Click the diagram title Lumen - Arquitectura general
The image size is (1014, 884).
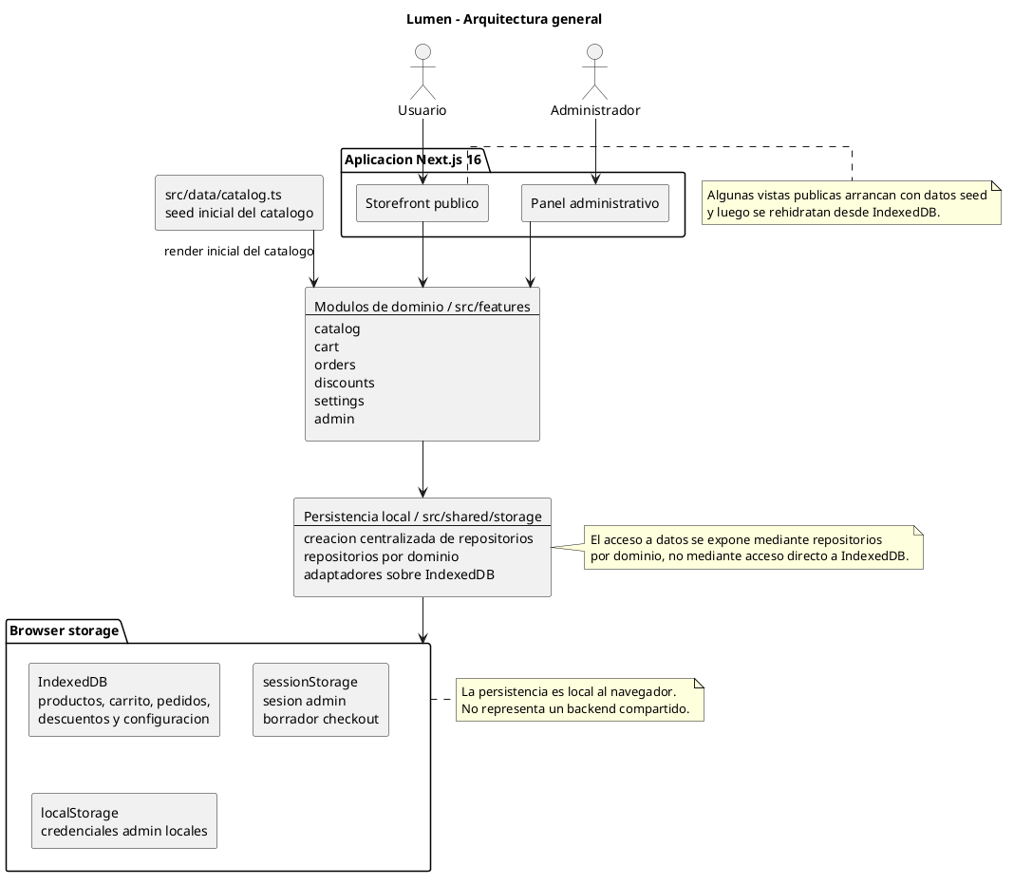pos(504,19)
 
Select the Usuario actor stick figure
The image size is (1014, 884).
pos(422,72)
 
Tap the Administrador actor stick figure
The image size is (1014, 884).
pos(595,72)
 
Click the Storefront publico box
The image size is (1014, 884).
pos(422,203)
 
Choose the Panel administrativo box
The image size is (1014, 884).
pos(595,203)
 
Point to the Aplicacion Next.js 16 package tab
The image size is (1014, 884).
pos(414,160)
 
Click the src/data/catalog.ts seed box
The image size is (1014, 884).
pos(239,202)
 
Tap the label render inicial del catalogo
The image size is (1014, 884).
pos(238,251)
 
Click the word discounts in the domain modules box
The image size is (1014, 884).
pos(344,383)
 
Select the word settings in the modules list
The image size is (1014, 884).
pos(339,401)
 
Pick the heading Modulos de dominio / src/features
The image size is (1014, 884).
pos(422,307)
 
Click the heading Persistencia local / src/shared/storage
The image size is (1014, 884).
pos(422,517)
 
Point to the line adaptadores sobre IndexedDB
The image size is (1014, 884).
pos(399,574)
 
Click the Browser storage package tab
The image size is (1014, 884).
pos(65,631)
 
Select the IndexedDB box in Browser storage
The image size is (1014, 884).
pos(124,700)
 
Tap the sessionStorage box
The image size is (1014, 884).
pos(321,700)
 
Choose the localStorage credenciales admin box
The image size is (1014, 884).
pos(124,821)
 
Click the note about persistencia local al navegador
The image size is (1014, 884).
pos(579,700)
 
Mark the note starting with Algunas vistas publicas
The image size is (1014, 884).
pos(851,203)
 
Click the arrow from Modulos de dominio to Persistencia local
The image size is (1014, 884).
pos(422,469)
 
